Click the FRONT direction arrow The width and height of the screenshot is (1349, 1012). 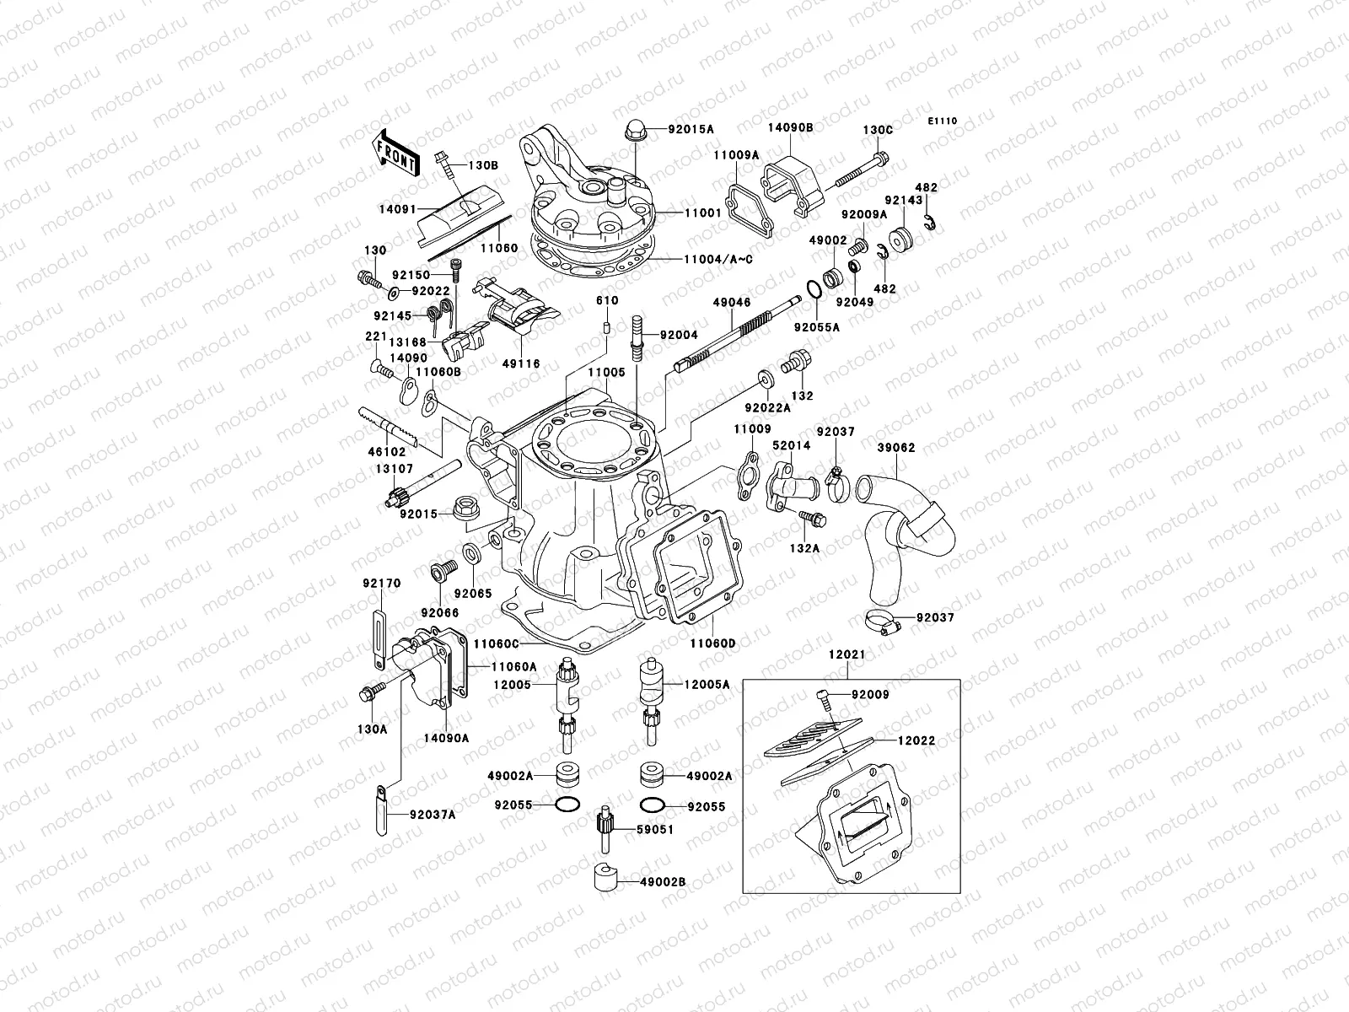395,152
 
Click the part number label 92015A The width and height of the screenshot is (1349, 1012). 691,129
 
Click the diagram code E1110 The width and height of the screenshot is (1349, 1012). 943,121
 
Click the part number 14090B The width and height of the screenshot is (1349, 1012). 789,129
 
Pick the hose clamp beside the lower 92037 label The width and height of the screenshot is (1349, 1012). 879,624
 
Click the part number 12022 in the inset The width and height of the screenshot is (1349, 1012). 916,740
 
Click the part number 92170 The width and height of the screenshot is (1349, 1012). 382,583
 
